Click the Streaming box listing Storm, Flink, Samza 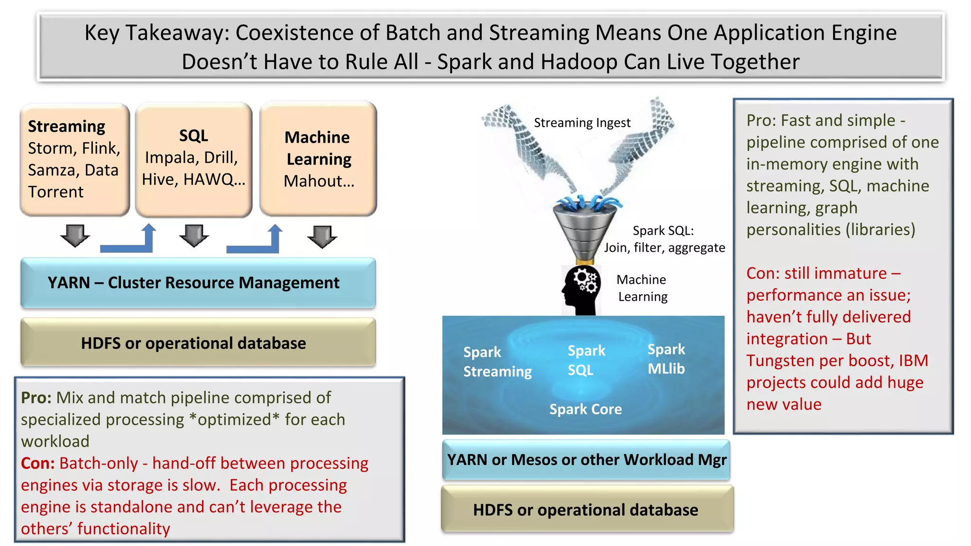(x=74, y=159)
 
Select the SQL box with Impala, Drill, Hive (x=193, y=159)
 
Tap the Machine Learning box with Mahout (x=318, y=159)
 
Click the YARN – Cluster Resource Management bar (x=198, y=282)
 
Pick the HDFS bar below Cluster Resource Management (x=198, y=343)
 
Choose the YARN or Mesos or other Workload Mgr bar (x=586, y=460)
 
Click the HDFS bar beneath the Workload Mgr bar (x=587, y=510)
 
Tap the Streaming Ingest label (x=582, y=123)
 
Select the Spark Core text (x=586, y=409)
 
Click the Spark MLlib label (x=666, y=359)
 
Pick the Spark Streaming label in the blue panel (x=497, y=362)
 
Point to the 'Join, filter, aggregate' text (x=664, y=247)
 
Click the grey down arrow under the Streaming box (x=75, y=236)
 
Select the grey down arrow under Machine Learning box (x=322, y=237)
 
